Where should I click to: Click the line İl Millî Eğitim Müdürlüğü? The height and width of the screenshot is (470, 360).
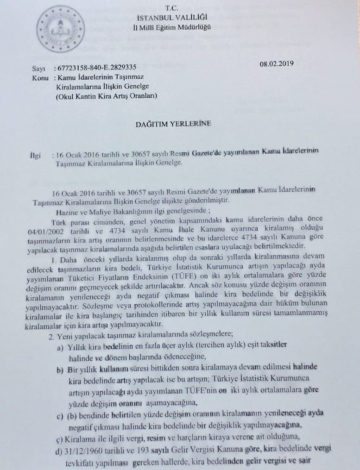[x=172, y=27]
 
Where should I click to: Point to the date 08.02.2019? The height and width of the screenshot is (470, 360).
[x=277, y=63]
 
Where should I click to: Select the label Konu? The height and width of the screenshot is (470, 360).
[x=41, y=78]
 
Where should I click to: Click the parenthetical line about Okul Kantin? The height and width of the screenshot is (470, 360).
[x=107, y=96]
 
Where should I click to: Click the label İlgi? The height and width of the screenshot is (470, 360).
[x=36, y=154]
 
